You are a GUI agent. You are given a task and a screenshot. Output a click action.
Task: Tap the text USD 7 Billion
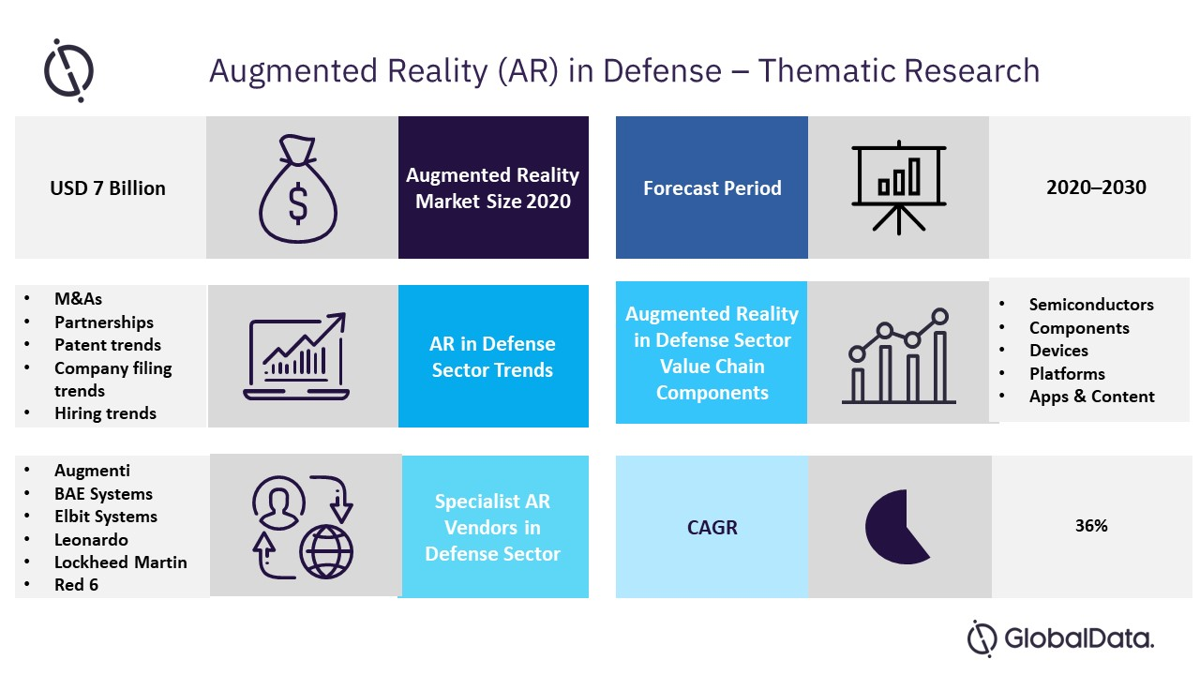coord(108,188)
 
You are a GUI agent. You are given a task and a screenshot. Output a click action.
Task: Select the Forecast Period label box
coord(712,188)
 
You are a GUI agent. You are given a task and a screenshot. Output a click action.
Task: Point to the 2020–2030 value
coord(1095,187)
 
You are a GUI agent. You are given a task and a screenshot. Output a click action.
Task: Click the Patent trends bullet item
coord(107,345)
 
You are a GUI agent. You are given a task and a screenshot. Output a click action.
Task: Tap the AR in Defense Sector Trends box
coord(493,357)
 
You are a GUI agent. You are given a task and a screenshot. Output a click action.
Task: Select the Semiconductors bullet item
coord(1090,305)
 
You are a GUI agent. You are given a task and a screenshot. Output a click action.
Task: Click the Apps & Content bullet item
coord(1091,397)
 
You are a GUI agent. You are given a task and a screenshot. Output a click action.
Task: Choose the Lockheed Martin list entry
coord(120,562)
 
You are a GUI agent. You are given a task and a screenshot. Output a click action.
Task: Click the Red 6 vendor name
coord(76,585)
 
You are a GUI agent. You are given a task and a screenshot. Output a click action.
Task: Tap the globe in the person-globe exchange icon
coord(326,551)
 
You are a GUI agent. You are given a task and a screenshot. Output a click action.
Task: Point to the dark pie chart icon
coord(895,527)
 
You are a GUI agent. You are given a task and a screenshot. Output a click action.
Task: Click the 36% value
coord(1091,526)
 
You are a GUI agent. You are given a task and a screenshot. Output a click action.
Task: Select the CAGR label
coord(712,528)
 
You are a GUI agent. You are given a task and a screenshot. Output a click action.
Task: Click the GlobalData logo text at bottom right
coord(1078,639)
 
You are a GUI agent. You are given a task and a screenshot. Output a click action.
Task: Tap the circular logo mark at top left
coord(68,70)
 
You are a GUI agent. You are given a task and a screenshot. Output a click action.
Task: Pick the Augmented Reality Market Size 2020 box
coord(493,188)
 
